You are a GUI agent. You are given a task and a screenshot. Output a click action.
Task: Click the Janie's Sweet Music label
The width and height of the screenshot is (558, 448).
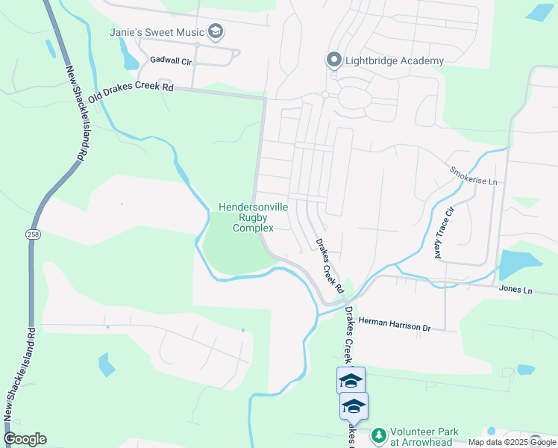156,32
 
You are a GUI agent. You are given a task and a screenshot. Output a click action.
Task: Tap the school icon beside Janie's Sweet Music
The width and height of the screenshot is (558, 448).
216,32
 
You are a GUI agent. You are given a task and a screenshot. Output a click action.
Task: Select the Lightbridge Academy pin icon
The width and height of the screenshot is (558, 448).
333,60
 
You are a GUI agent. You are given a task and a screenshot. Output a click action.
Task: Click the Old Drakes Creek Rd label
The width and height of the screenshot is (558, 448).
130,93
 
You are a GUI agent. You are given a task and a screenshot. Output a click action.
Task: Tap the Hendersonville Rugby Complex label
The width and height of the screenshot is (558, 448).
245,217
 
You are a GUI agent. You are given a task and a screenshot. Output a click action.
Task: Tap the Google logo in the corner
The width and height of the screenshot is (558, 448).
25,439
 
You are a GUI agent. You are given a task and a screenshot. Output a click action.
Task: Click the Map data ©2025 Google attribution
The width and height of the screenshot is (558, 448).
512,442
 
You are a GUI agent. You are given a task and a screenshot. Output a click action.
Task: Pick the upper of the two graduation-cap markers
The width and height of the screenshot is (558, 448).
351,381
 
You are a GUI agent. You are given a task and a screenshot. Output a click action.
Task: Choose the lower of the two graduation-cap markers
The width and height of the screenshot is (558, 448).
354,406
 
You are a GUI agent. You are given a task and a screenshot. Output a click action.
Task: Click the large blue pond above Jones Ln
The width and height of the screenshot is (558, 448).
520,264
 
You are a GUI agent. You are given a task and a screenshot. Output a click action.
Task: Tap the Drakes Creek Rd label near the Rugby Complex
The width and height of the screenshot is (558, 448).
328,266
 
